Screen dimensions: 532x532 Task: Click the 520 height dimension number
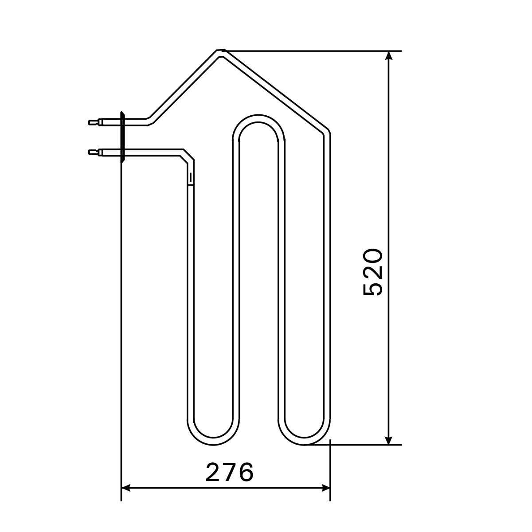click(x=373, y=272)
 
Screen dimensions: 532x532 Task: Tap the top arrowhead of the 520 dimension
click(x=389, y=55)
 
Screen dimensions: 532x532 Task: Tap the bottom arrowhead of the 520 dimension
click(x=389, y=440)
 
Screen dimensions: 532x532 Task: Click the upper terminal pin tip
click(x=90, y=122)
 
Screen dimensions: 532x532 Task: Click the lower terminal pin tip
click(x=90, y=152)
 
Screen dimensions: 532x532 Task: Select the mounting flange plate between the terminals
click(x=122, y=137)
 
